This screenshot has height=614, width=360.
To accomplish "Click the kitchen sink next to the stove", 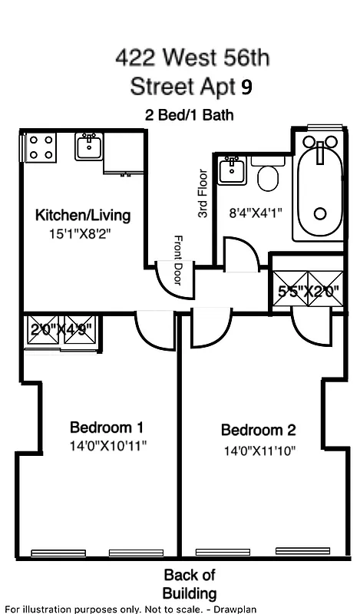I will click(90, 146).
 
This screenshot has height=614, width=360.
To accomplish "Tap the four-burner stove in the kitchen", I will click(41, 147).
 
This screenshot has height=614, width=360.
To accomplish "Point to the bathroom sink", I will click(231, 170).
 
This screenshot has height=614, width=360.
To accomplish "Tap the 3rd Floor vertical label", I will click(203, 194).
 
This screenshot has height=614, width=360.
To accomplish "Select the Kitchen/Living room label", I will click(83, 215).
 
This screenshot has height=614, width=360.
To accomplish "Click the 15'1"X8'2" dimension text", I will click(80, 236).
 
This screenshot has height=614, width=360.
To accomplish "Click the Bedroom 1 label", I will click(107, 427).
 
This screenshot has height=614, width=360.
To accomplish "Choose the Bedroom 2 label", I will click(258, 430).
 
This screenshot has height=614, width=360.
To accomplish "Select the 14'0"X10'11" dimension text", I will click(107, 445).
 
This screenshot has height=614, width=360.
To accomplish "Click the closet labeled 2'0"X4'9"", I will click(61, 331).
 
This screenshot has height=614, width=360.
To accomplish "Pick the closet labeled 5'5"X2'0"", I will click(307, 292).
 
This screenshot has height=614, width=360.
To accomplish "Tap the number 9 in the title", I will click(246, 86).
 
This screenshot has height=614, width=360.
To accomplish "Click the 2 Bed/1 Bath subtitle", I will click(190, 115).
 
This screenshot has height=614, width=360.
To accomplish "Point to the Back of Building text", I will click(189, 583).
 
